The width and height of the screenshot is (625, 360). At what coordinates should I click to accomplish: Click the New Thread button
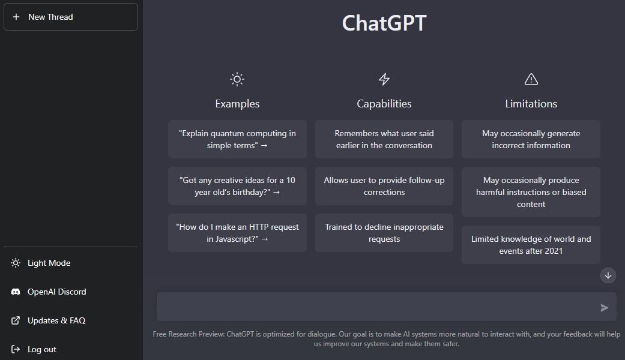71,17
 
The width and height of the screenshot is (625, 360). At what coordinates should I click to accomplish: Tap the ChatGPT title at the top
384,23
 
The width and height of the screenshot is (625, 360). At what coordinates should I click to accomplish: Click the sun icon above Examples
237,79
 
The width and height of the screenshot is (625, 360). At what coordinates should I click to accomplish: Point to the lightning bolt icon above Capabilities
384,79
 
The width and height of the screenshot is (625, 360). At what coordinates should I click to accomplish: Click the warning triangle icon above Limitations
531,79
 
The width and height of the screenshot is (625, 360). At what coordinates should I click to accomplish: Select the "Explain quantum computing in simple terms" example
237,139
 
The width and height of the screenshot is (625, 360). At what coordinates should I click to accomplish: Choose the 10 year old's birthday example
237,186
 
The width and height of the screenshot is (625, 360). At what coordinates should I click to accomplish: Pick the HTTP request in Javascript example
237,233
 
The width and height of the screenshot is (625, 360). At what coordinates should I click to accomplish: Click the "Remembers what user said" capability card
384,139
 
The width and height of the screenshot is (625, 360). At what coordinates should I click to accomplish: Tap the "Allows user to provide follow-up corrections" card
384,186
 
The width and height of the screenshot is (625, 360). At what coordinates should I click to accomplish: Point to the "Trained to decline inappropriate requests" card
384,233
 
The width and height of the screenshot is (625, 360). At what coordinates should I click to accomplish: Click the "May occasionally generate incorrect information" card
531,139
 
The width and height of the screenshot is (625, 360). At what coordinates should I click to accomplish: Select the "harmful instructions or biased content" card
531,192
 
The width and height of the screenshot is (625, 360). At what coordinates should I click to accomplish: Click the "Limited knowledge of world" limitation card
531,245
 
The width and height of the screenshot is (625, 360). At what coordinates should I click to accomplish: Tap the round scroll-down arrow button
608,275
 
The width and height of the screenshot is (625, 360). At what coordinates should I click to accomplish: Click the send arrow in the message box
604,307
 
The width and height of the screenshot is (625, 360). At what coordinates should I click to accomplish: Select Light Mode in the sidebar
41,263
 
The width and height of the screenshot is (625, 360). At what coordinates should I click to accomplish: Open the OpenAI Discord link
49,292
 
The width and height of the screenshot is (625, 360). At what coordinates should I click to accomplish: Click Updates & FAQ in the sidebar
48,320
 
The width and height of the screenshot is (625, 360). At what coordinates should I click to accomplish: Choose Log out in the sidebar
34,349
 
